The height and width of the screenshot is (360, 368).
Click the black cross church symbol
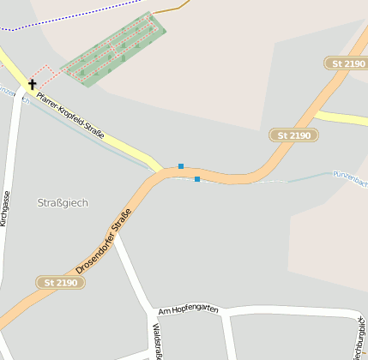click(33, 84)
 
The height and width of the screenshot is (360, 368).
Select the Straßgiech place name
click(63, 202)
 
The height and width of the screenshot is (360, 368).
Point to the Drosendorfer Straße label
click(103, 241)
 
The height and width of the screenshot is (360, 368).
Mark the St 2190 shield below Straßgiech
click(61, 282)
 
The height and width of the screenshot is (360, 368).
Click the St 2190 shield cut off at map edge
click(347, 63)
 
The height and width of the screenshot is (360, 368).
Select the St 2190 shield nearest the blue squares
click(294, 135)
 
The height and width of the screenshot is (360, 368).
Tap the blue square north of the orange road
click(181, 165)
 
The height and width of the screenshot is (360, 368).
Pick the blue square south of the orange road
click(197, 179)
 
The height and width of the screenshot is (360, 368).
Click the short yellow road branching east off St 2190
click(343, 118)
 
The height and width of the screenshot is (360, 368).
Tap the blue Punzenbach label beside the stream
click(349, 177)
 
